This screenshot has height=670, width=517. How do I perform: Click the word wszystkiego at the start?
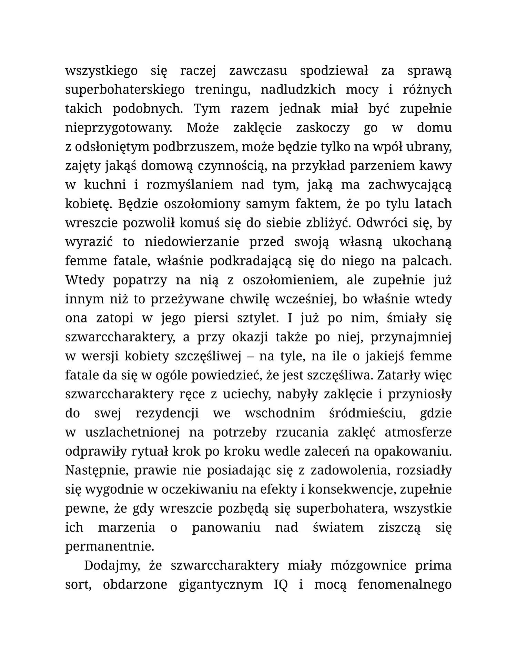tap(101, 71)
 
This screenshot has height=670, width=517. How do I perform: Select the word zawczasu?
tap(258, 71)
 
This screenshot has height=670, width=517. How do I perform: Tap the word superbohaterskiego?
tap(125, 90)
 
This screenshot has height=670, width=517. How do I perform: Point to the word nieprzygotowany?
tap(119, 128)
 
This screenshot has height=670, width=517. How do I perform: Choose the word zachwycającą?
tap(410, 185)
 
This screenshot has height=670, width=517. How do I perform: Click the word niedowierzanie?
tap(192, 242)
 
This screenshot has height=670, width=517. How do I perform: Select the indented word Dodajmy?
tap(111, 566)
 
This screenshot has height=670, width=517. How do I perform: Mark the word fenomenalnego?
tap(405, 585)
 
